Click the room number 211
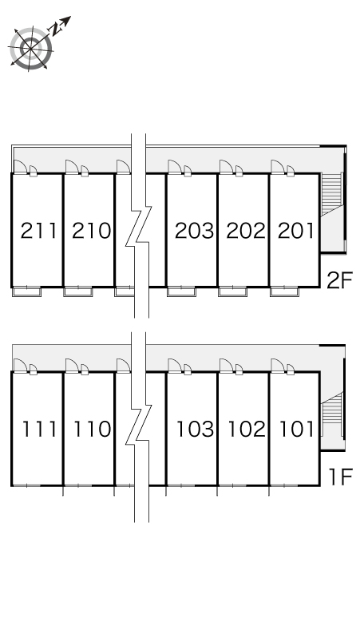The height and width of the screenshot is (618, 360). (38, 231)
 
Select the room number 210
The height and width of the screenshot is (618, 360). (91, 231)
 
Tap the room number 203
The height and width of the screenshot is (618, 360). (194, 231)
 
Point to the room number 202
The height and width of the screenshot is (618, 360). (246, 231)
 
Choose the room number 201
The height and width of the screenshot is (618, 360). (296, 231)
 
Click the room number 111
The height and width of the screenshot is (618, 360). (39, 430)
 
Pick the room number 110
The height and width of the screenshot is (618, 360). (92, 430)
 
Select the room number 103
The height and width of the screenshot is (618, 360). (196, 430)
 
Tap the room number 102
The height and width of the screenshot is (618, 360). (247, 430)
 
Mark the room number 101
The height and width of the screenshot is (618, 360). (297, 430)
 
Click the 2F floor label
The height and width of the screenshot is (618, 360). (339, 280)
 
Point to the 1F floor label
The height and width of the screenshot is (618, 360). (340, 477)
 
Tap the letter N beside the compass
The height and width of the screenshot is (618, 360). (54, 28)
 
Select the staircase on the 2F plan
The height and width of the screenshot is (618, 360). (331, 194)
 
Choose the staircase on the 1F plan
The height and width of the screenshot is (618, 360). (331, 414)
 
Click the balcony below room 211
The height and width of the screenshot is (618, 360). (27, 292)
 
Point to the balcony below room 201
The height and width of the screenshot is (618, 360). (284, 292)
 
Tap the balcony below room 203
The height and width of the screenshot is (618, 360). (181, 292)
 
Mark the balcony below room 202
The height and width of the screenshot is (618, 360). (233, 292)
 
